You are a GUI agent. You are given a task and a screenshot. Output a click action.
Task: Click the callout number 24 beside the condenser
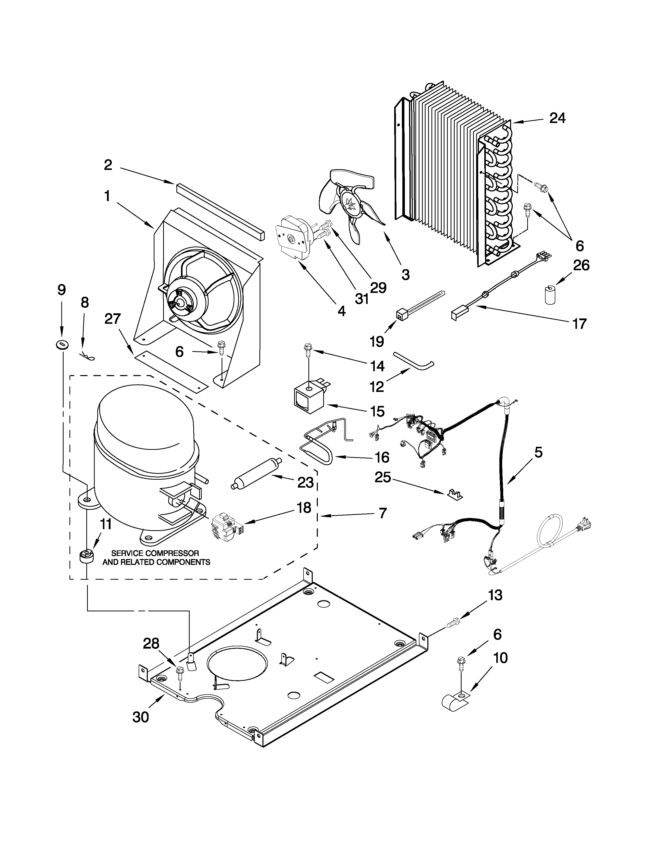click(x=557, y=118)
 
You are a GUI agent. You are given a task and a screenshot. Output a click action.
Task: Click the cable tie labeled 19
click(x=417, y=306)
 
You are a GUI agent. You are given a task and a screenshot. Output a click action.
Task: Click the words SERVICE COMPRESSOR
click(x=155, y=553)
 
